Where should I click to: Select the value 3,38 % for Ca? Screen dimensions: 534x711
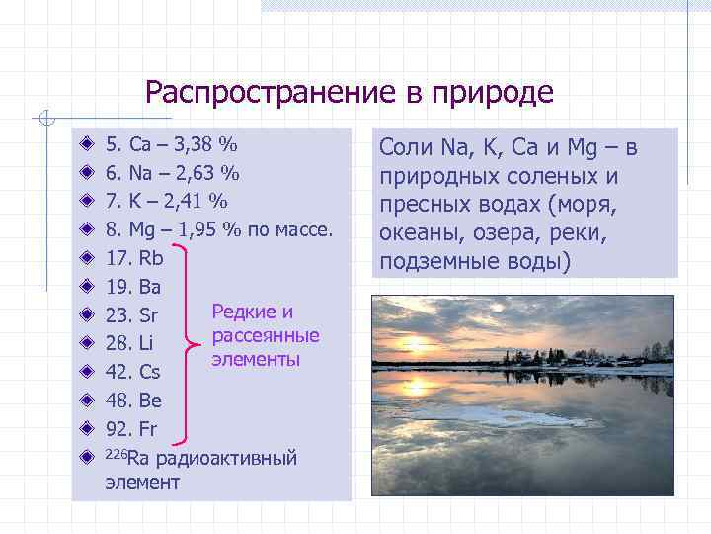tap(205, 146)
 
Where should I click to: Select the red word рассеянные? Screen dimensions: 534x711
tap(265, 336)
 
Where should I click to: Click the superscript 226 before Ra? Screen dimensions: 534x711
tap(116, 454)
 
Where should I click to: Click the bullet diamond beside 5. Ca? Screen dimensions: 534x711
tap(87, 146)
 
